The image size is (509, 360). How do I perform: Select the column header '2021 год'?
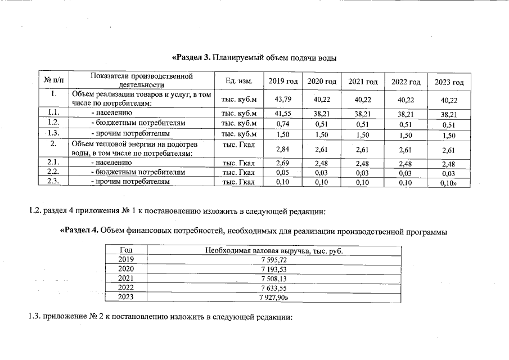363,82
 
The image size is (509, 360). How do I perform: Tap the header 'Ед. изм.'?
238,82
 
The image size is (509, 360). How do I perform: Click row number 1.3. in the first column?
54,133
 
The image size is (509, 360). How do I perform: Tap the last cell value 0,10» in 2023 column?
449,183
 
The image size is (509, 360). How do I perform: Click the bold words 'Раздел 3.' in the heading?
191,57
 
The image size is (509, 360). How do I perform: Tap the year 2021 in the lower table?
126,278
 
